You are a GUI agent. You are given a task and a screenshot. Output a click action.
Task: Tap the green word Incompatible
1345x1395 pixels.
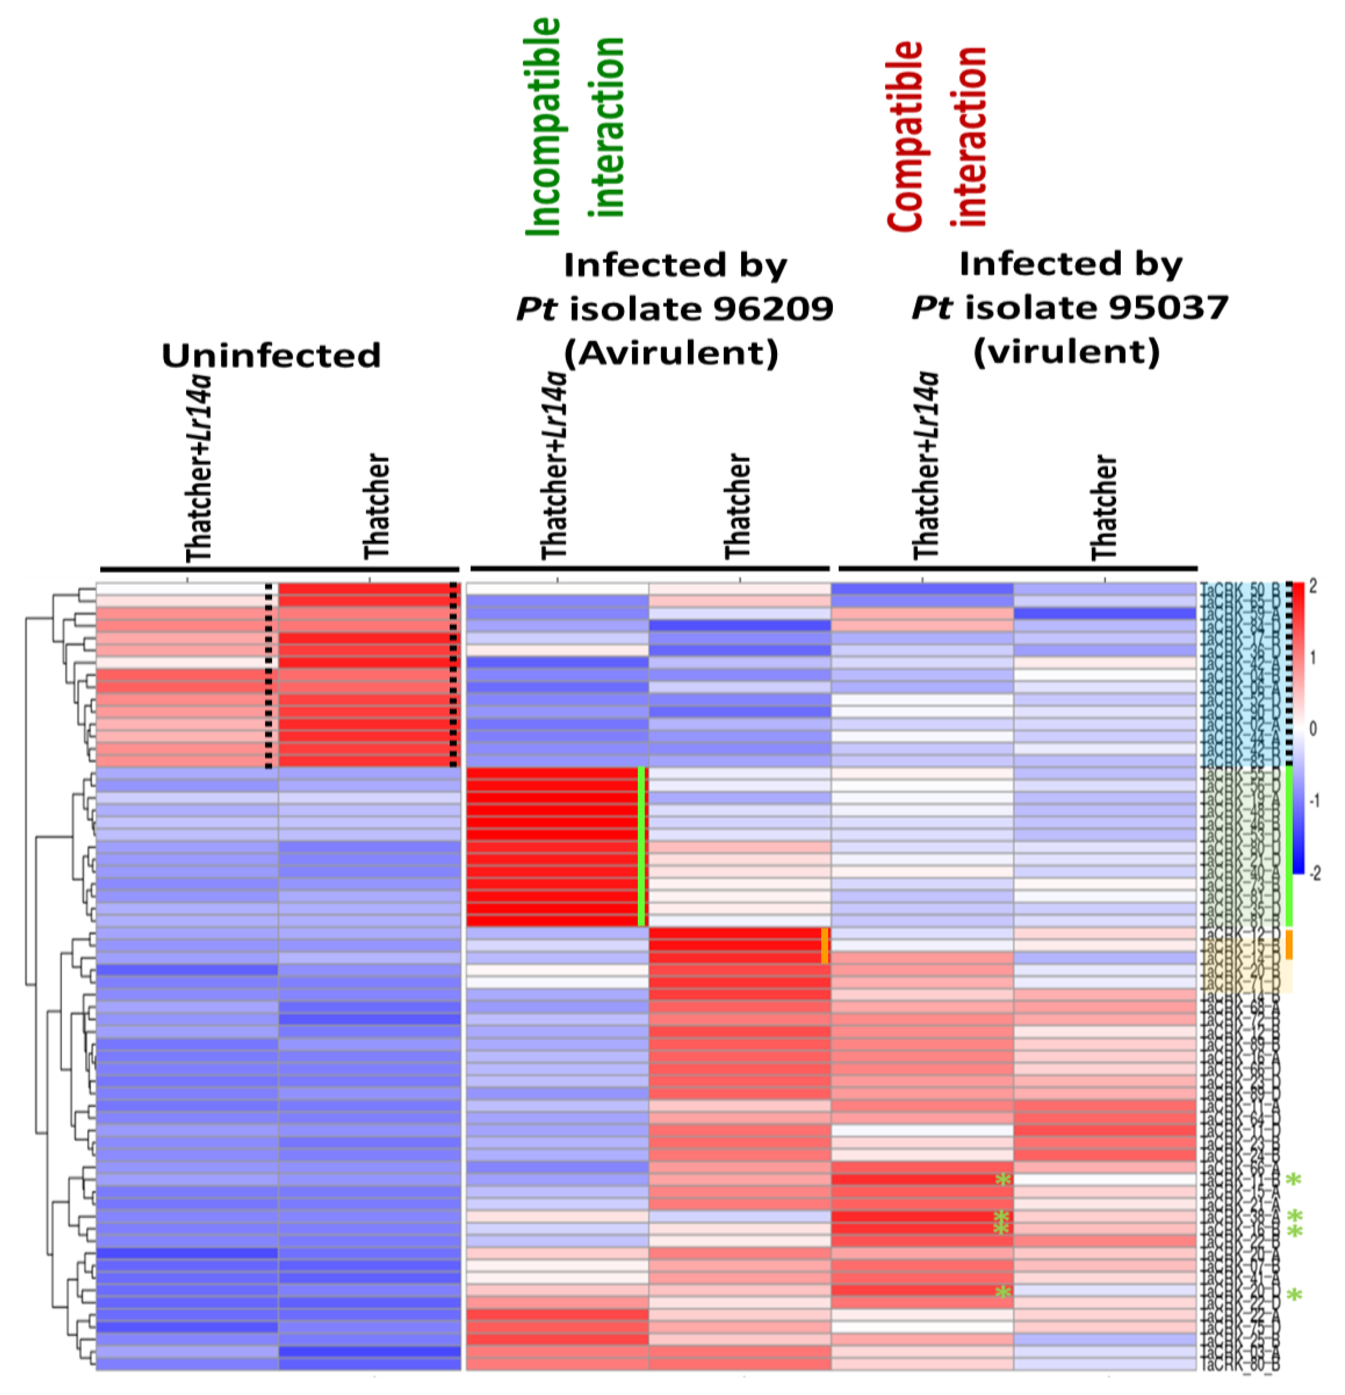(x=543, y=127)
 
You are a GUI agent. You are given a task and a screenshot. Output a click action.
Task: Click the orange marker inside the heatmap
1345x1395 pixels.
(x=824, y=946)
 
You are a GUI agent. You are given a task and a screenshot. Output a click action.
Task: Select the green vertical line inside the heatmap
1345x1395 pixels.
(x=641, y=846)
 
